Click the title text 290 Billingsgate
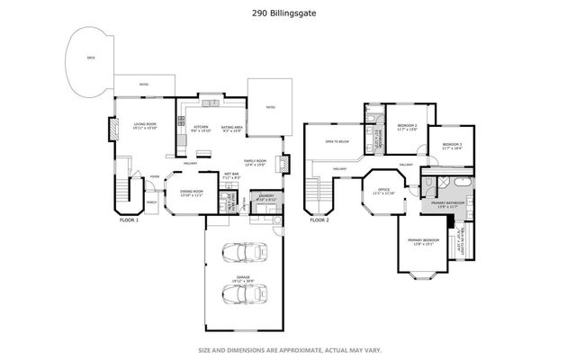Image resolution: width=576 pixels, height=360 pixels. tap(288, 13)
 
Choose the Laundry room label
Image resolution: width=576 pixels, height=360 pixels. tap(266, 197)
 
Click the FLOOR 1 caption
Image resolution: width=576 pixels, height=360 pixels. tap(130, 220)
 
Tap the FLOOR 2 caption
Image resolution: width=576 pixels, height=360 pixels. tap(319, 220)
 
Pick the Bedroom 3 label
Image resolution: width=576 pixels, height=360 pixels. tap(452, 147)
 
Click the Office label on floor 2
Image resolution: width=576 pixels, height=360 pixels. tap(383, 192)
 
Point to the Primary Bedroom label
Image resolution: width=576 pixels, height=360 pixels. tap(423, 241)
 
